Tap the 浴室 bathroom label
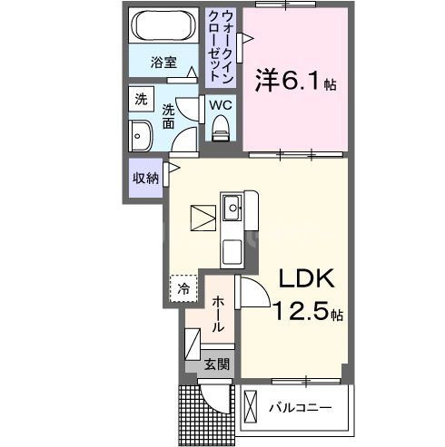click(x=163, y=63)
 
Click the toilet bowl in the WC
click(x=219, y=131)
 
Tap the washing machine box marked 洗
click(x=141, y=100)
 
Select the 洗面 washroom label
click(x=170, y=115)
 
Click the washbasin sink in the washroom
click(x=142, y=138)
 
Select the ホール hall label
click(x=219, y=313)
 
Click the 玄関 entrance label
click(x=216, y=364)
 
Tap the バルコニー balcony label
click(x=300, y=407)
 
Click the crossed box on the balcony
click(x=251, y=401)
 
